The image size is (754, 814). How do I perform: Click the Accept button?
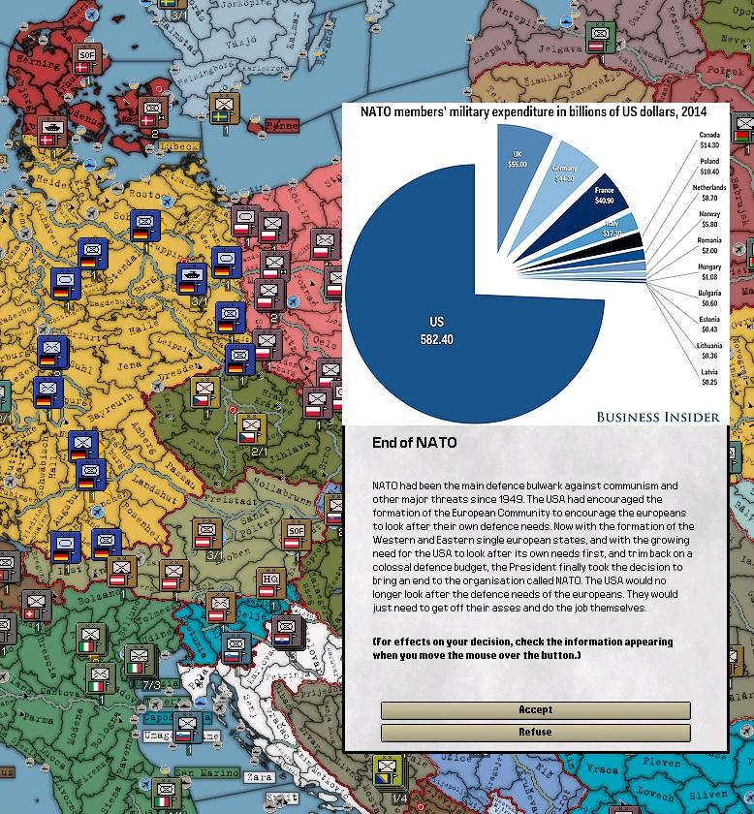coord(535,710)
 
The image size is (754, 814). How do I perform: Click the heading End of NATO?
coord(414,443)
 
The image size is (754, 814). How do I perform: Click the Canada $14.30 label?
coord(709,141)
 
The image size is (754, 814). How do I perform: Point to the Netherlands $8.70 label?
coord(709,193)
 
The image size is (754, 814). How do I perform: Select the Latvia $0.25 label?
coord(709,377)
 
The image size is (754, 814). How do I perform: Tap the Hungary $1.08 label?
coord(709,272)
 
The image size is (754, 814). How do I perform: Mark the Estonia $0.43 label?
coord(709,325)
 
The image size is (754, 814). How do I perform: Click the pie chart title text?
coord(533,111)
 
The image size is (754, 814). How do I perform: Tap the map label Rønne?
coord(282,126)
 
